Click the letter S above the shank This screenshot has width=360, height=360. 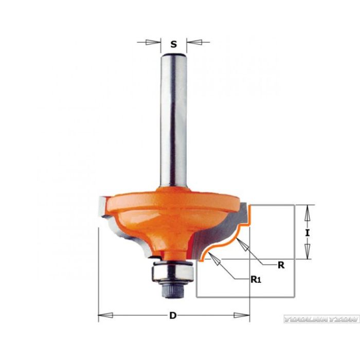pyautogui.click(x=174, y=44)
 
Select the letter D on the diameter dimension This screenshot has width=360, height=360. pyautogui.click(x=173, y=315)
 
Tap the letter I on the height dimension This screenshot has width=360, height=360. pyautogui.click(x=308, y=232)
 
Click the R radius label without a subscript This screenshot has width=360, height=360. pyautogui.click(x=281, y=266)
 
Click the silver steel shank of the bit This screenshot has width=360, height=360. pyautogui.click(x=173, y=118)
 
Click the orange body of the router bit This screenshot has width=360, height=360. pyautogui.click(x=170, y=216)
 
